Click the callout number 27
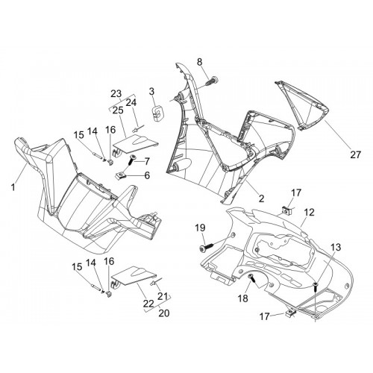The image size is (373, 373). [x=355, y=154]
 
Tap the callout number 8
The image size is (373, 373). [x=200, y=62]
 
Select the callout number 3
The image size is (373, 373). [x=151, y=92]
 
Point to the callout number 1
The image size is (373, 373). [x=13, y=187]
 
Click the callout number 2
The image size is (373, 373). [x=261, y=198]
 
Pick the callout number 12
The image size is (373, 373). [x=310, y=212]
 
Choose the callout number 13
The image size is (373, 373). [x=336, y=247]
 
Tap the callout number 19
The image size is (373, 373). [x=200, y=228]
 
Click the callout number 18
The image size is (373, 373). [x=243, y=298]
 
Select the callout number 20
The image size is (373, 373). [x=164, y=313]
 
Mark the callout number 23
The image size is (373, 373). [x=116, y=94]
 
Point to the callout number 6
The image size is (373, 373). [x=147, y=175]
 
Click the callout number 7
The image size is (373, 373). [x=147, y=161]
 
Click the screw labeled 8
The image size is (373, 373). [x=213, y=81]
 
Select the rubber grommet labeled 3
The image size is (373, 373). [x=157, y=113]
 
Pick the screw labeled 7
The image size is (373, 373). [x=131, y=159]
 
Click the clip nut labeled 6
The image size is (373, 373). [x=121, y=176]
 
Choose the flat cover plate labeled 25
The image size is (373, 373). [x=136, y=145]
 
